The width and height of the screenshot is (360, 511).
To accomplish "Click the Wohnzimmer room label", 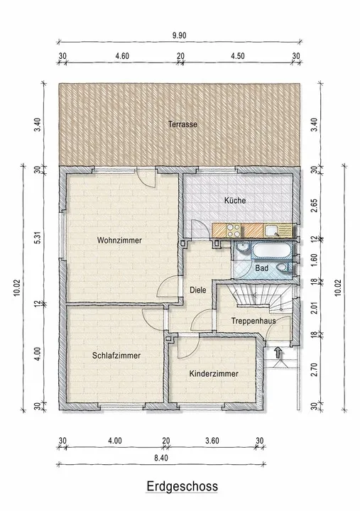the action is [119, 241].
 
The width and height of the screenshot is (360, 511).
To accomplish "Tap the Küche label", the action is [235, 200].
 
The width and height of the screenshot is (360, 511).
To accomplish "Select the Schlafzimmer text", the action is [116, 356].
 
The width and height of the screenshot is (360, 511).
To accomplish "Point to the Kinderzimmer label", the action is [214, 373].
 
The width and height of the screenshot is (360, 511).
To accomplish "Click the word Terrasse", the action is [182, 124].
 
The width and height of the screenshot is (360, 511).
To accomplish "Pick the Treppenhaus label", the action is [253, 321].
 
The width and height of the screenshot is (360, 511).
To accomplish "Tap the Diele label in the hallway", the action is [198, 290].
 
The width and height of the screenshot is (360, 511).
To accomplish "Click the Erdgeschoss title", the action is [182, 486].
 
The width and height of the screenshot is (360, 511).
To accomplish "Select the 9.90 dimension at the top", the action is [180, 35].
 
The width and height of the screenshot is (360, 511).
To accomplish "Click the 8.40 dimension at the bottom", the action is [161, 458].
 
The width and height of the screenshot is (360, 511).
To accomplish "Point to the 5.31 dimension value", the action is [38, 237].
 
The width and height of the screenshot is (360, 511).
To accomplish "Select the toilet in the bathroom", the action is [284, 268].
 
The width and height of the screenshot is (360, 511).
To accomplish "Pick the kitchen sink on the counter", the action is [271, 231].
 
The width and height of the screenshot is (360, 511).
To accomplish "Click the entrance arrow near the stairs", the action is [278, 353].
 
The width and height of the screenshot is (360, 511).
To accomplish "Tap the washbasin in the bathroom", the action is [242, 248].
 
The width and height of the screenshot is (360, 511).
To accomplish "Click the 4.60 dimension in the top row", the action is [122, 56].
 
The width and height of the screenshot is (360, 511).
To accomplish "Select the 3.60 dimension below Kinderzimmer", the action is [212, 441].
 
